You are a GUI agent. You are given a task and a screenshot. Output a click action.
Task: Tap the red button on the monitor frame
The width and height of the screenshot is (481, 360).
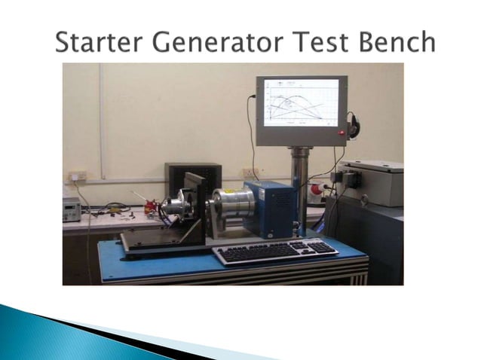(342, 133)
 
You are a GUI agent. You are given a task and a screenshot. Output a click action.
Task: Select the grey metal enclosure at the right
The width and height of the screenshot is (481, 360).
(370, 182)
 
